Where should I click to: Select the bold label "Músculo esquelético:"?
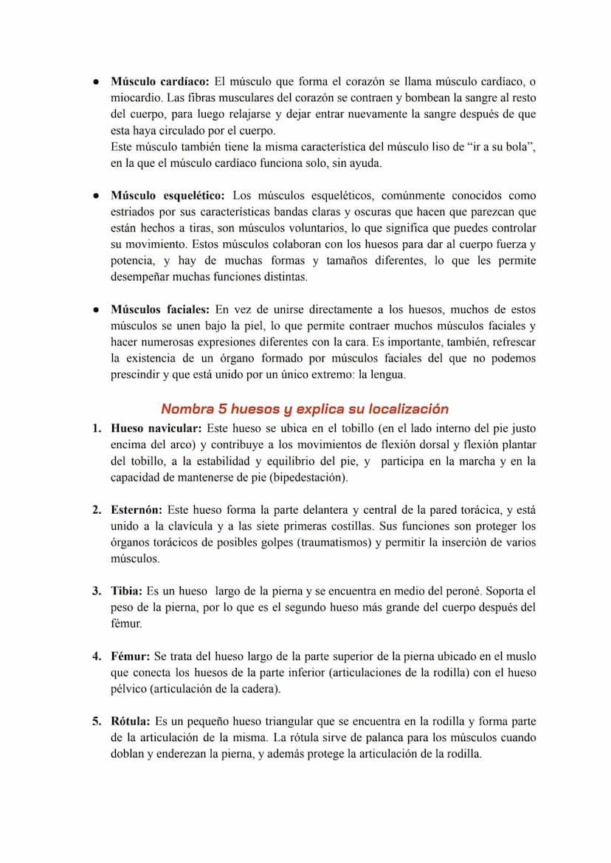[168, 196]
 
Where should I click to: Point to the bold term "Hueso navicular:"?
[156, 428]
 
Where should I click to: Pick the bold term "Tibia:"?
[127, 591]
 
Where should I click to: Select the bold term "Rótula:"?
[131, 721]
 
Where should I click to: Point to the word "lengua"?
[387, 375]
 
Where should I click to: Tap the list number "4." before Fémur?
[97, 656]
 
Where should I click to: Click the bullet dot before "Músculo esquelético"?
[97, 196]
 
